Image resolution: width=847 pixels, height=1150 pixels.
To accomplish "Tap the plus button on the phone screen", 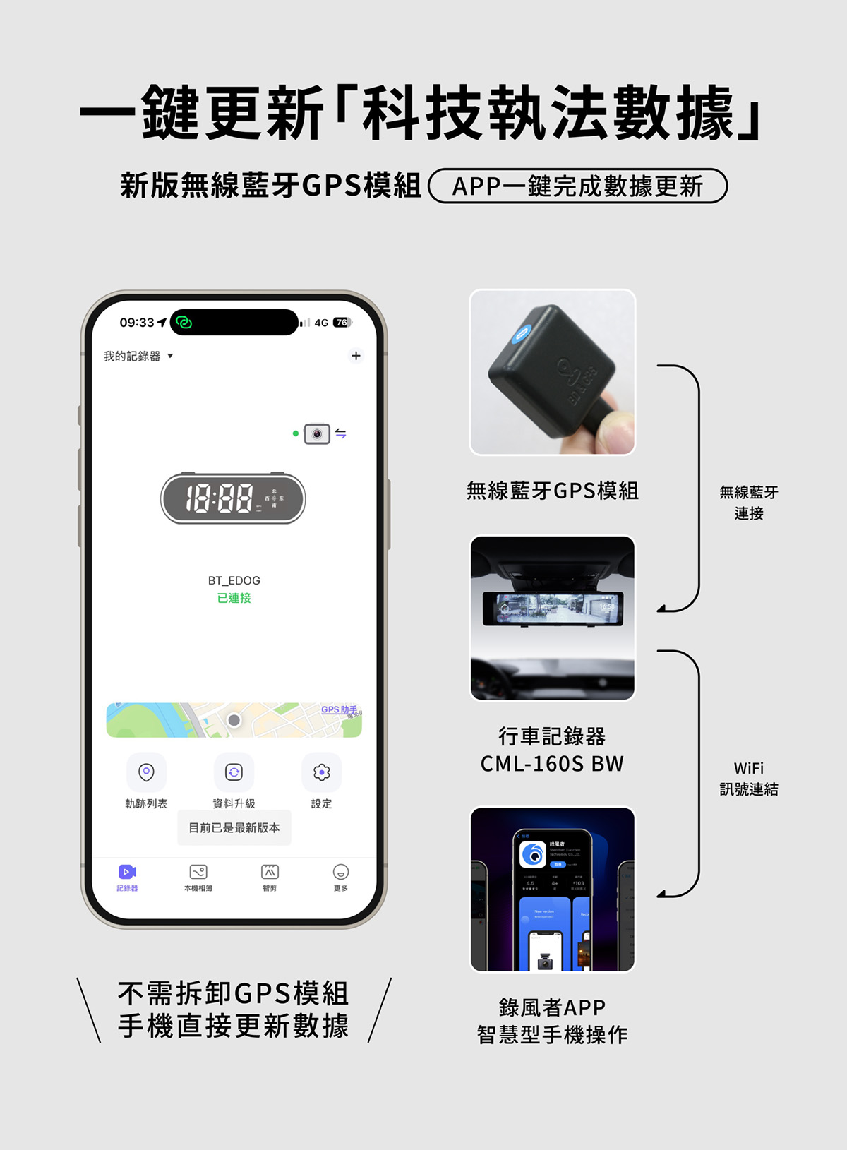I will tap(356, 356).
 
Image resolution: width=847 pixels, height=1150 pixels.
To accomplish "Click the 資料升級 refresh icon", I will tap(234, 772).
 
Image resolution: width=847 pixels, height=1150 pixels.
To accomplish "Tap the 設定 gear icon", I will tap(321, 772).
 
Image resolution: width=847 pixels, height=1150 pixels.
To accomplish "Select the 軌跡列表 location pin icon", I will tap(146, 772).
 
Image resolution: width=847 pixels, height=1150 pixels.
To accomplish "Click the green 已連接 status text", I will tap(234, 598).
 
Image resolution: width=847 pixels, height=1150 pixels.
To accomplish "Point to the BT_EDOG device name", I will tap(234, 580).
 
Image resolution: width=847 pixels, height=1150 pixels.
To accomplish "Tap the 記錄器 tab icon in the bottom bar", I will tap(127, 873).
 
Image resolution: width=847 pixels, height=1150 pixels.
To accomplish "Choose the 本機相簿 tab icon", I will tap(198, 873).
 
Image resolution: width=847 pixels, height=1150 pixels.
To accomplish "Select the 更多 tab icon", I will tap(341, 873).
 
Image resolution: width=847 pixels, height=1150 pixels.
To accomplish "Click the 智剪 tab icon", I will tap(270, 873).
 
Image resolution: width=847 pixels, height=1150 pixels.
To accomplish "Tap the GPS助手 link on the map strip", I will tap(339, 709).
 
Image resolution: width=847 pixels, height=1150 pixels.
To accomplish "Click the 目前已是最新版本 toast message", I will tap(234, 827).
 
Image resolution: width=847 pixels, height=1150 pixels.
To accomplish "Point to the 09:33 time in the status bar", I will tap(137, 323).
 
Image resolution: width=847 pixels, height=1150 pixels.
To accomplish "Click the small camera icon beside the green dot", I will tap(317, 433).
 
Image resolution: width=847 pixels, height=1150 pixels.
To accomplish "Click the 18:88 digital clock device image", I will tap(233, 498).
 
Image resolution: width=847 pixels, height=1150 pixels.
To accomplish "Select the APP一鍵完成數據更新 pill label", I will tap(577, 186).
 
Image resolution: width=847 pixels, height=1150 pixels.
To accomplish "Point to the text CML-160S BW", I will tap(552, 764).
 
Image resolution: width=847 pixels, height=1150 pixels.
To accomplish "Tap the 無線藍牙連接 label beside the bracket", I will tap(748, 503).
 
